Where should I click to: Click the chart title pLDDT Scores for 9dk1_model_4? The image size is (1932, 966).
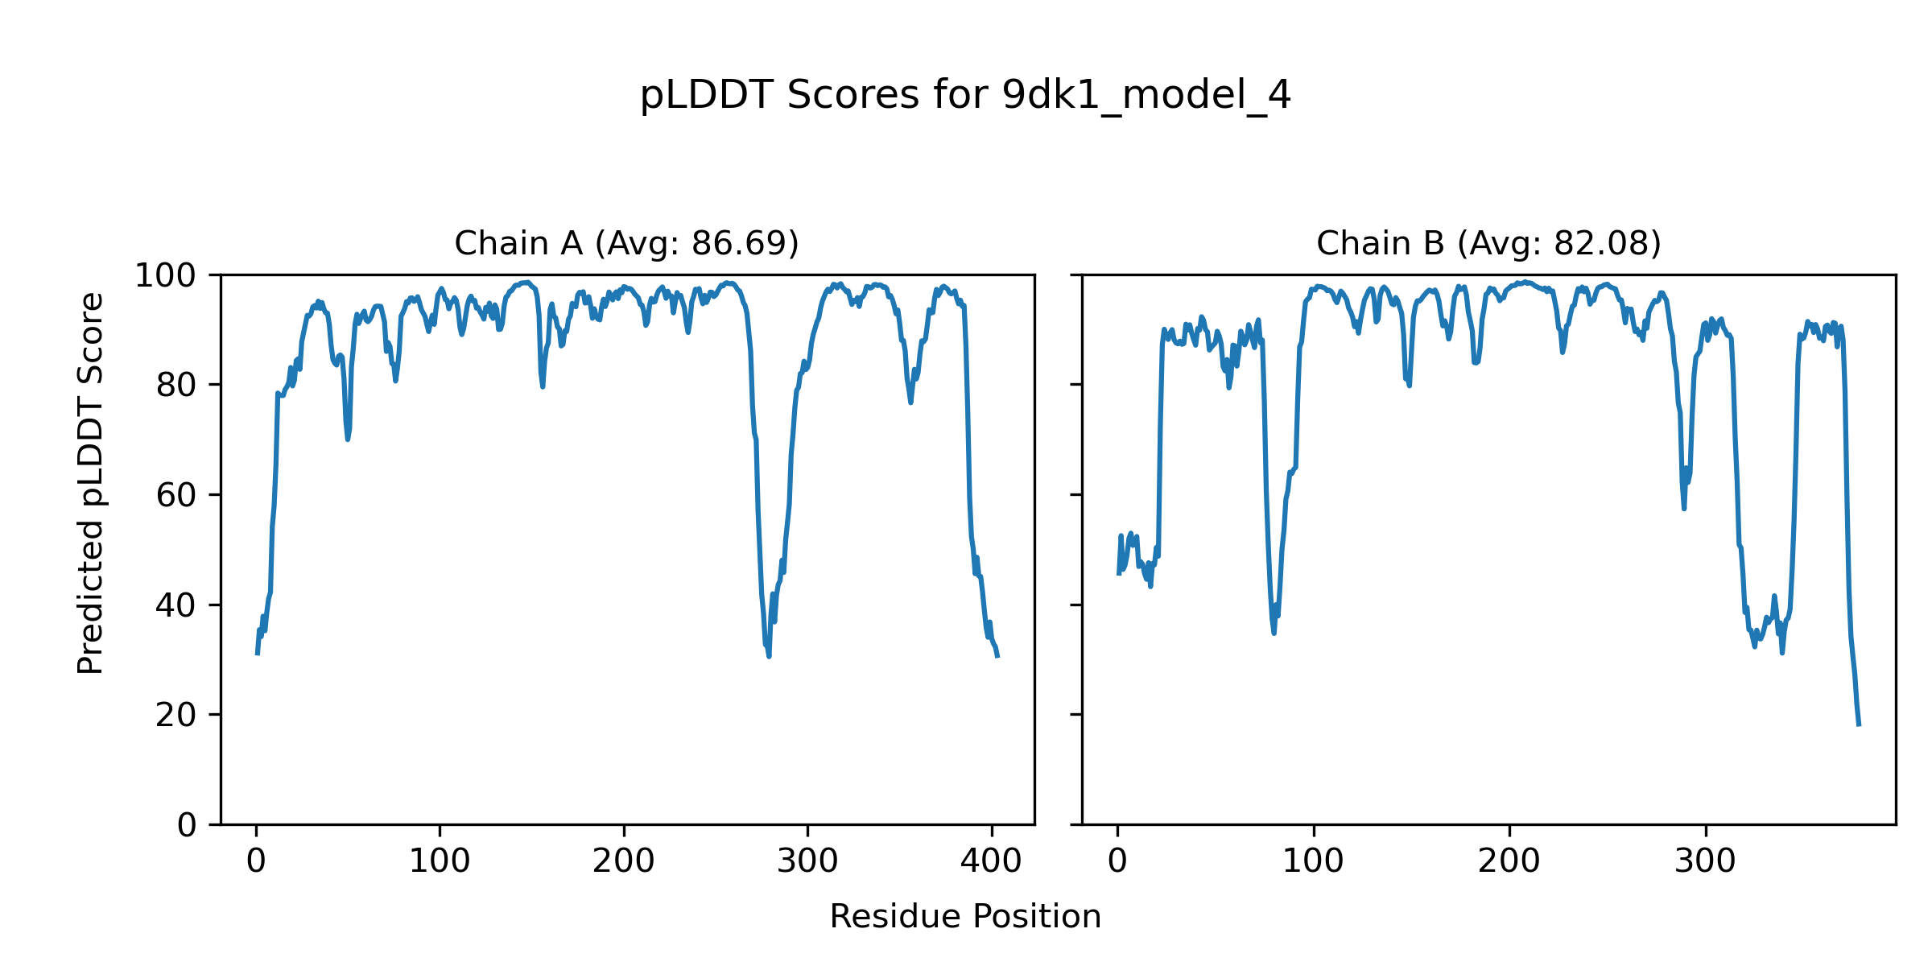pos(965,96)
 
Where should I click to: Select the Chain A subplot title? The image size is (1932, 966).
pos(626,243)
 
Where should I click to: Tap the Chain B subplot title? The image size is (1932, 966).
pos(1488,243)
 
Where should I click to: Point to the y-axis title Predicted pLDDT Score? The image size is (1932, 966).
pos(90,483)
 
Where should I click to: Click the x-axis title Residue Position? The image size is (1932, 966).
pos(965,917)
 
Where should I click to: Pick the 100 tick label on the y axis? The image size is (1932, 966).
pos(165,276)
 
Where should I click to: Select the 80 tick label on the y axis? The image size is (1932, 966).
pos(176,386)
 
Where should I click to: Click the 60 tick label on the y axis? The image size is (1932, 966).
pos(176,496)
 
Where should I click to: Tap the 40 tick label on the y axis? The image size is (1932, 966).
pos(176,605)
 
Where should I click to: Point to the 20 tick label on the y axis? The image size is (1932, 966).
pos(176,716)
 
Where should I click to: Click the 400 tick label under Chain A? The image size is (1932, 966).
pos(991,862)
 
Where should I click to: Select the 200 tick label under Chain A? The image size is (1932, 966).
pos(624,862)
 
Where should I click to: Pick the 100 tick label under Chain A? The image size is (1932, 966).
pos(440,862)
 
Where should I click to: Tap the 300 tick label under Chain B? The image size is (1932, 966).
pos(1705,862)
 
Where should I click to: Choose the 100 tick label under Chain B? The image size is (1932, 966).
pos(1313,862)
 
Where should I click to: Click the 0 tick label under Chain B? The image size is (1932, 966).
pos(1117,862)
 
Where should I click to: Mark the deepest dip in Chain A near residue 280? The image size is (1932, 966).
pos(769,657)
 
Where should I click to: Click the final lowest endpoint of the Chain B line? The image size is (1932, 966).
pos(1859,725)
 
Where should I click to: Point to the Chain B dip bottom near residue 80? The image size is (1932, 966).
pos(1274,633)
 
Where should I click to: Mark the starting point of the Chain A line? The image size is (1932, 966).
pos(257,654)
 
